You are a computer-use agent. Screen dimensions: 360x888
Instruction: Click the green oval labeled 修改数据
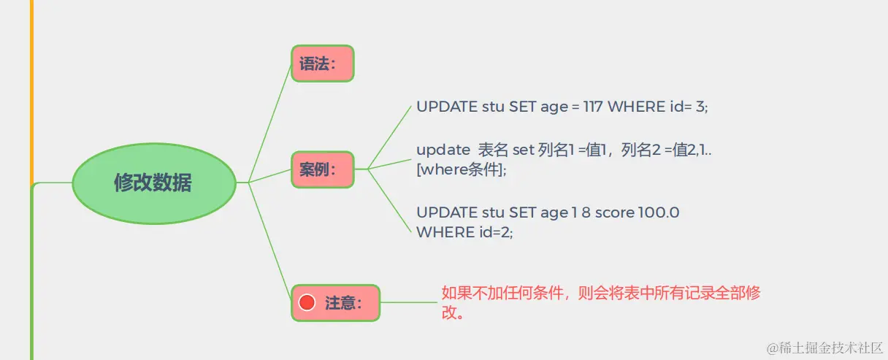[x=153, y=183]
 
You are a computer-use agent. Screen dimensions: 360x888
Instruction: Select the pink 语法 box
[x=322, y=64]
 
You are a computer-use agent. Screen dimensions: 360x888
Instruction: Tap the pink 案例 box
[x=322, y=169]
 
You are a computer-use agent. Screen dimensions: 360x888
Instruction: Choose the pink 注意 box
[x=336, y=302]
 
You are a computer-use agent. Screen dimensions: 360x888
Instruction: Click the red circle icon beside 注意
[x=307, y=302]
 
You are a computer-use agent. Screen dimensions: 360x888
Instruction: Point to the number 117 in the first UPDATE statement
[x=592, y=107]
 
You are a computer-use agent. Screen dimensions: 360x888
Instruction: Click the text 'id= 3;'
[x=689, y=107]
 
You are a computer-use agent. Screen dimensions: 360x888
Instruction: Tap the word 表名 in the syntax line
[x=493, y=150]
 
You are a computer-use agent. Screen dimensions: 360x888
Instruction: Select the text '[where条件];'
[x=461, y=169]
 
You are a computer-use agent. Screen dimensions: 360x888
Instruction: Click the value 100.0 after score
[x=659, y=212]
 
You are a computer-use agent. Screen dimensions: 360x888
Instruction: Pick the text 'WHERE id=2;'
[x=464, y=231]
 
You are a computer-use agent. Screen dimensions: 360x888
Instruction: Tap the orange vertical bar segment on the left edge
[x=31, y=88]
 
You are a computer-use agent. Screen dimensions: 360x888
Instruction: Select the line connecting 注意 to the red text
[x=409, y=302]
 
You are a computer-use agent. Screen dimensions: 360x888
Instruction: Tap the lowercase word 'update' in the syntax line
[x=443, y=150]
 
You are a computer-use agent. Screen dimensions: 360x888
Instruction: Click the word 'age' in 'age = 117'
[x=554, y=107]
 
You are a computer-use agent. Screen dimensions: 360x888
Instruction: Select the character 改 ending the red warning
[x=448, y=313]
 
